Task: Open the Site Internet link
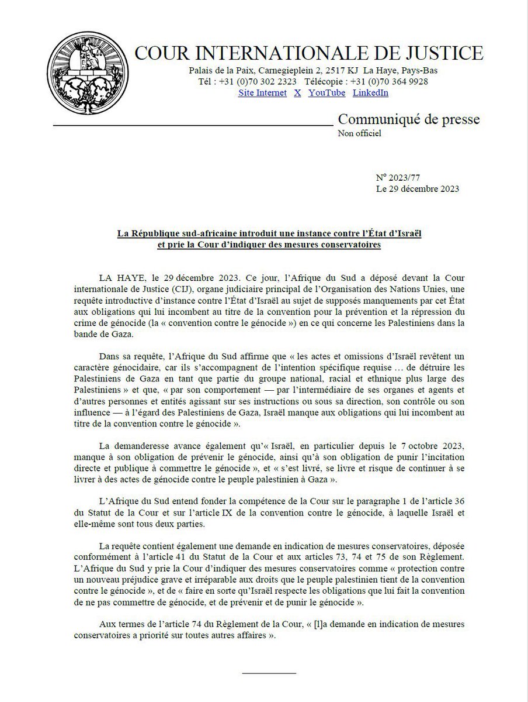point(262,92)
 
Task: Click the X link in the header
point(297,92)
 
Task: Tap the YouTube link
point(326,92)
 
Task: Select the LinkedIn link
point(370,92)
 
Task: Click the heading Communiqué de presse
point(409,120)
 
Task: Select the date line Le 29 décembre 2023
point(418,188)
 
